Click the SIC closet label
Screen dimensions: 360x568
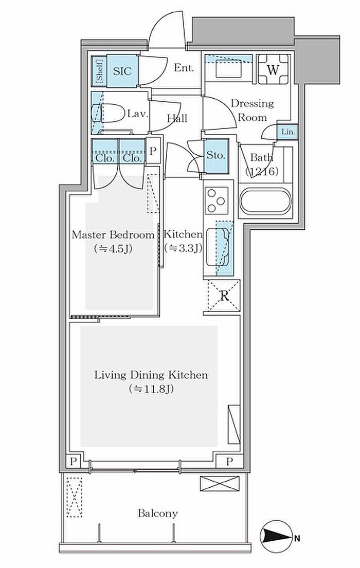122,71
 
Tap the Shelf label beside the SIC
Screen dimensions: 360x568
99,71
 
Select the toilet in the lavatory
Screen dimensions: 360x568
108,114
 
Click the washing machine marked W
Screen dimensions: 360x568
274,69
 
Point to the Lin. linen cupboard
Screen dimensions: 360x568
288,132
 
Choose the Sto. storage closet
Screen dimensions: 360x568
216,156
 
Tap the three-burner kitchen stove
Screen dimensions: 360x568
217,200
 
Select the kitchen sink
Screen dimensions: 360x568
218,247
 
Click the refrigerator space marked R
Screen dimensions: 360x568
224,296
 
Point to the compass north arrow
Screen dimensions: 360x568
277,537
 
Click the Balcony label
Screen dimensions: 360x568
158,514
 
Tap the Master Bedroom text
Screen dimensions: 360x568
113,235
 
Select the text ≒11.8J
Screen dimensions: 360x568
151,389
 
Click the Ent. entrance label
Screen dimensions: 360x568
184,67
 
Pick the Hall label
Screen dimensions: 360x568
177,118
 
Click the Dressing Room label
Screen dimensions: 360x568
253,110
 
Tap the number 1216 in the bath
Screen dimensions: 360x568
262,171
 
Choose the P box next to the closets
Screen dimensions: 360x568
153,150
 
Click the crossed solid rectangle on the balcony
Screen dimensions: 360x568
220,484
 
